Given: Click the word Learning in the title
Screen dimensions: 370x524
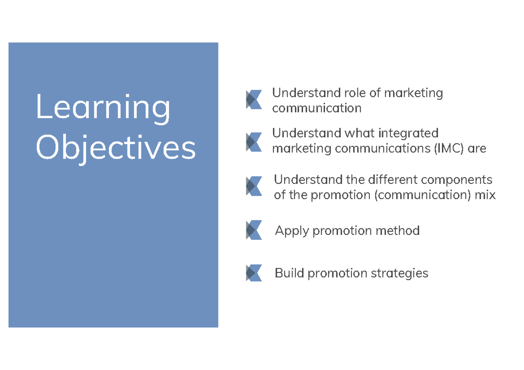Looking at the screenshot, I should [x=103, y=108].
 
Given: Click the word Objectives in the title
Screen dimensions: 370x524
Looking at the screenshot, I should [x=116, y=148].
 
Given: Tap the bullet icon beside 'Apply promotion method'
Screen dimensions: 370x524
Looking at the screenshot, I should [x=254, y=230].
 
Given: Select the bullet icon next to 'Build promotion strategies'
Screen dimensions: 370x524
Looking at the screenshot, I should [x=254, y=273].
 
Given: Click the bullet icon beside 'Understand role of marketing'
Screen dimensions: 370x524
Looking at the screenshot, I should [x=254, y=99].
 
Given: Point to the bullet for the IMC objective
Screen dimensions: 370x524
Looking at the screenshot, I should [x=254, y=142].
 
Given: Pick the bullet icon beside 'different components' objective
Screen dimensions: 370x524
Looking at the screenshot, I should [x=254, y=186].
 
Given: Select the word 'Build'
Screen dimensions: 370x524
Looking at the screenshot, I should [x=290, y=273].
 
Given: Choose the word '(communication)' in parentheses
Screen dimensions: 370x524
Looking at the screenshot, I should [x=422, y=195].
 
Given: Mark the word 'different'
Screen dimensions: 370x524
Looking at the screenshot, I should [x=389, y=180].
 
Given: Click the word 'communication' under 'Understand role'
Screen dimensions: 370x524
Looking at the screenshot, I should [x=317, y=108].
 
